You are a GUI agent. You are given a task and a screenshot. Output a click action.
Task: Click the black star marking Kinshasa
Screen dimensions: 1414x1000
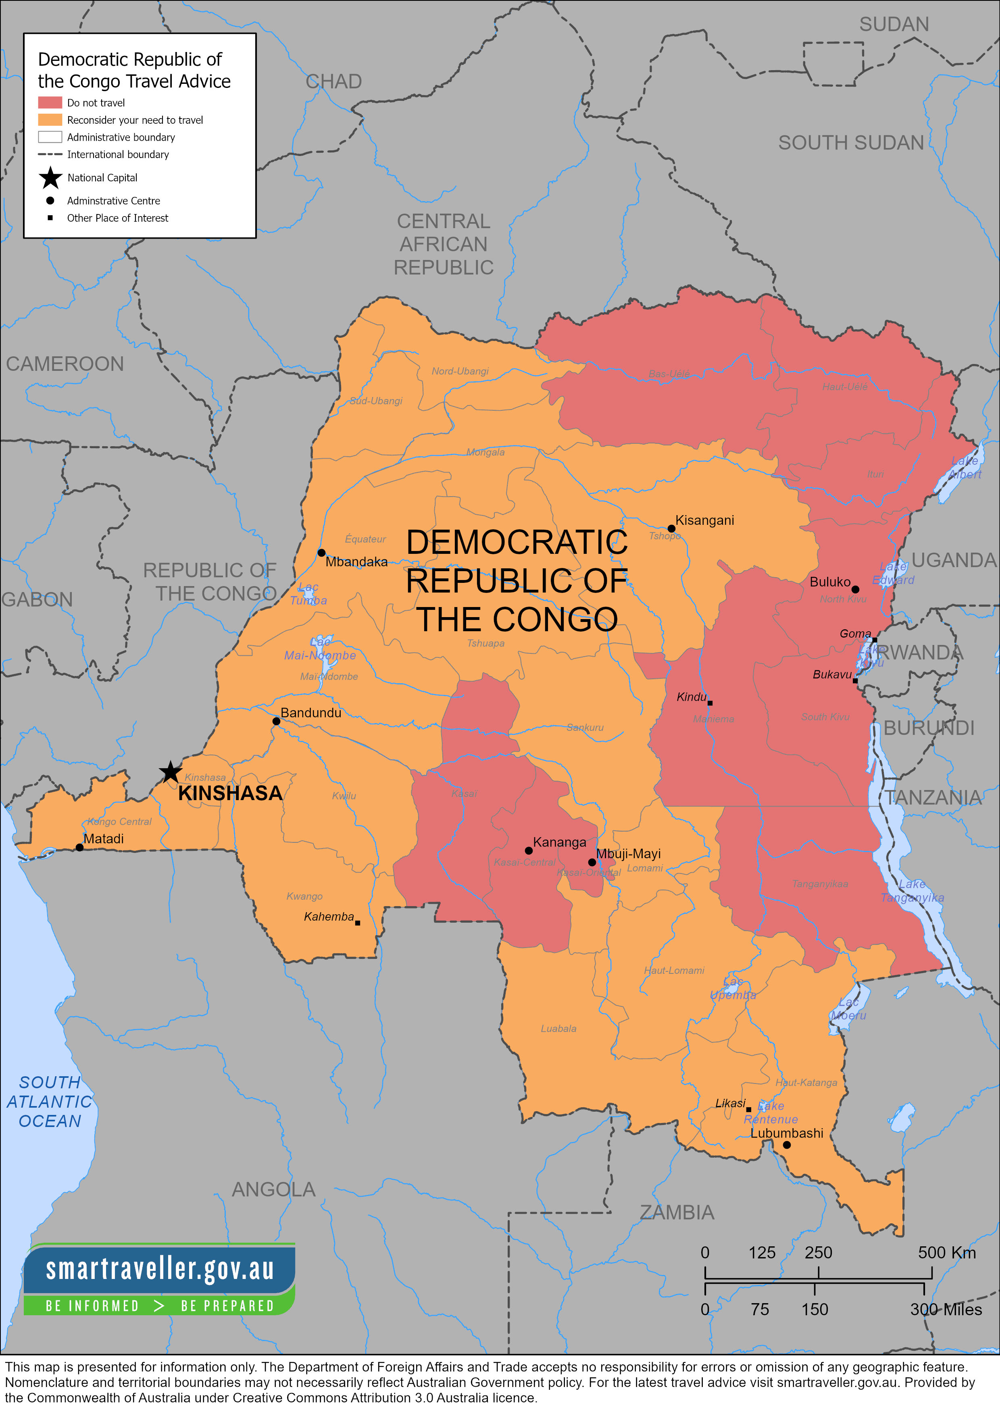170,771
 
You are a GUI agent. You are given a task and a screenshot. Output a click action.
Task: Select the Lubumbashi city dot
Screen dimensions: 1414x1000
787,1145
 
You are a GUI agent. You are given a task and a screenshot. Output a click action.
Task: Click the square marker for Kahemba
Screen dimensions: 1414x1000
357,923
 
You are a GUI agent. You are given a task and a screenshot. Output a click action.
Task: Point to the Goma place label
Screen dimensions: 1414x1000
855,634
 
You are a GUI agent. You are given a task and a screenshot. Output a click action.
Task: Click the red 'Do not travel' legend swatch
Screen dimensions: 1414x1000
50,102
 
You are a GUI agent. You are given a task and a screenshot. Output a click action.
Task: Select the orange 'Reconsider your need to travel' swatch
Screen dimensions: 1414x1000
50,119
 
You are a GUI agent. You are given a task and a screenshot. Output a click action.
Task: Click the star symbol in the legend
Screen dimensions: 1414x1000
50,178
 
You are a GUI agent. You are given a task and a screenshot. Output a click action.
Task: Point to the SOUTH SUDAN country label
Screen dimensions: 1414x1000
850,143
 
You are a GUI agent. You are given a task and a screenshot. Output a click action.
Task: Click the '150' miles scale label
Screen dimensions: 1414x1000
815,1309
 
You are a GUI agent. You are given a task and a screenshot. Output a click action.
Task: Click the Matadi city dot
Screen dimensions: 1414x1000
79,847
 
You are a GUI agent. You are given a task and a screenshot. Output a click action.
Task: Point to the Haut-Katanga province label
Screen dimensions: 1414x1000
806,1083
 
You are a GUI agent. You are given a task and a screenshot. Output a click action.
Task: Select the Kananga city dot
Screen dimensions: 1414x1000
529,850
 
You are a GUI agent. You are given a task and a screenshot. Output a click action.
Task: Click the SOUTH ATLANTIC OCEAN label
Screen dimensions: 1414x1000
49,1102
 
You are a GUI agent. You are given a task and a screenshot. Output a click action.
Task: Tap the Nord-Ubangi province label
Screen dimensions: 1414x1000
460,371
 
